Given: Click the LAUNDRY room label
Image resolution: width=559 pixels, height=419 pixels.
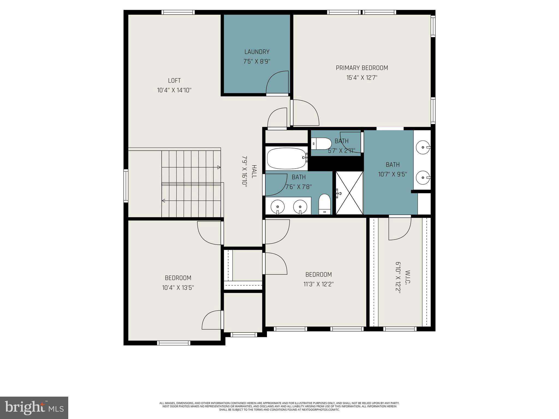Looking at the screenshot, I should coord(257,52).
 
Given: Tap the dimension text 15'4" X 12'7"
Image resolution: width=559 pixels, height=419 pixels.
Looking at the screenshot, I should coord(362,78).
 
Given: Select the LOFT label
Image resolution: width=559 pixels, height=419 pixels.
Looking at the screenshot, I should coord(174,81).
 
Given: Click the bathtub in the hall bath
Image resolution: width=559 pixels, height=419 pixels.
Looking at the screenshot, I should coord(286,158).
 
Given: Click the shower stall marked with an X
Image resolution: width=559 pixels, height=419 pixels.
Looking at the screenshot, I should coord(349,193).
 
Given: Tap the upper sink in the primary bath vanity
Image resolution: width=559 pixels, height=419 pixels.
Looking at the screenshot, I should coord(423,147).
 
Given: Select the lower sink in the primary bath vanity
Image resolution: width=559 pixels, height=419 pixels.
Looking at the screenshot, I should coord(423,177).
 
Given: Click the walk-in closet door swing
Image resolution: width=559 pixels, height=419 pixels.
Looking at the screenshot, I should coord(400,229).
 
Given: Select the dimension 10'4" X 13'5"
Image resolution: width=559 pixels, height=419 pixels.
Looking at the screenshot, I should coord(178,288).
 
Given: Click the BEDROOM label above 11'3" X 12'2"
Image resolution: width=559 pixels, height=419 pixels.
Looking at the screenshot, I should coord(318,274).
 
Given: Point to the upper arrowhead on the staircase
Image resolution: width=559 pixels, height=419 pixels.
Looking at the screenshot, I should coord(219,167).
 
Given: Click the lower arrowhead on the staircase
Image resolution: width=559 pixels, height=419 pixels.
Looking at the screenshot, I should coord(163,201).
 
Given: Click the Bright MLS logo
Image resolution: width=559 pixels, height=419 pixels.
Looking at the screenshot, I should coord(34,408).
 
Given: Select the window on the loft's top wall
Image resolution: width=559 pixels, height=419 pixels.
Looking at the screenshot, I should coord(178,12).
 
